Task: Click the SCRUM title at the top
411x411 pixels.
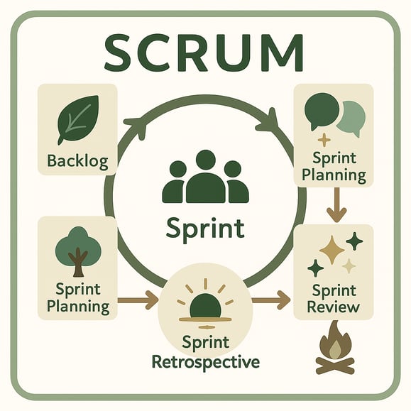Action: pos(204,53)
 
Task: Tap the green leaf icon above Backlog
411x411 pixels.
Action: pos(78,119)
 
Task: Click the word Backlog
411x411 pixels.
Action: pos(77,160)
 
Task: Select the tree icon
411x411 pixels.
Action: pos(78,251)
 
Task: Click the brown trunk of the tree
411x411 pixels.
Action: pos(78,263)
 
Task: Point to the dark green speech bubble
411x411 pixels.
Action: pos(322,111)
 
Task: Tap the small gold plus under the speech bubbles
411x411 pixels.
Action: pos(324,140)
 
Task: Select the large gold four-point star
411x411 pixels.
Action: pos(331,250)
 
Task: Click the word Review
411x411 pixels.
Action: pos(333,307)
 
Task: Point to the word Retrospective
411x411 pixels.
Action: pos(206,362)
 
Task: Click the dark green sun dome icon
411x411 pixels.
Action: pos(205,306)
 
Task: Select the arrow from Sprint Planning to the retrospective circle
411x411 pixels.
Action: pos(137,300)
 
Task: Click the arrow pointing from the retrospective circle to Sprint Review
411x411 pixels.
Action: pos(270,300)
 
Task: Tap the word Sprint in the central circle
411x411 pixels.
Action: pos(205,229)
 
